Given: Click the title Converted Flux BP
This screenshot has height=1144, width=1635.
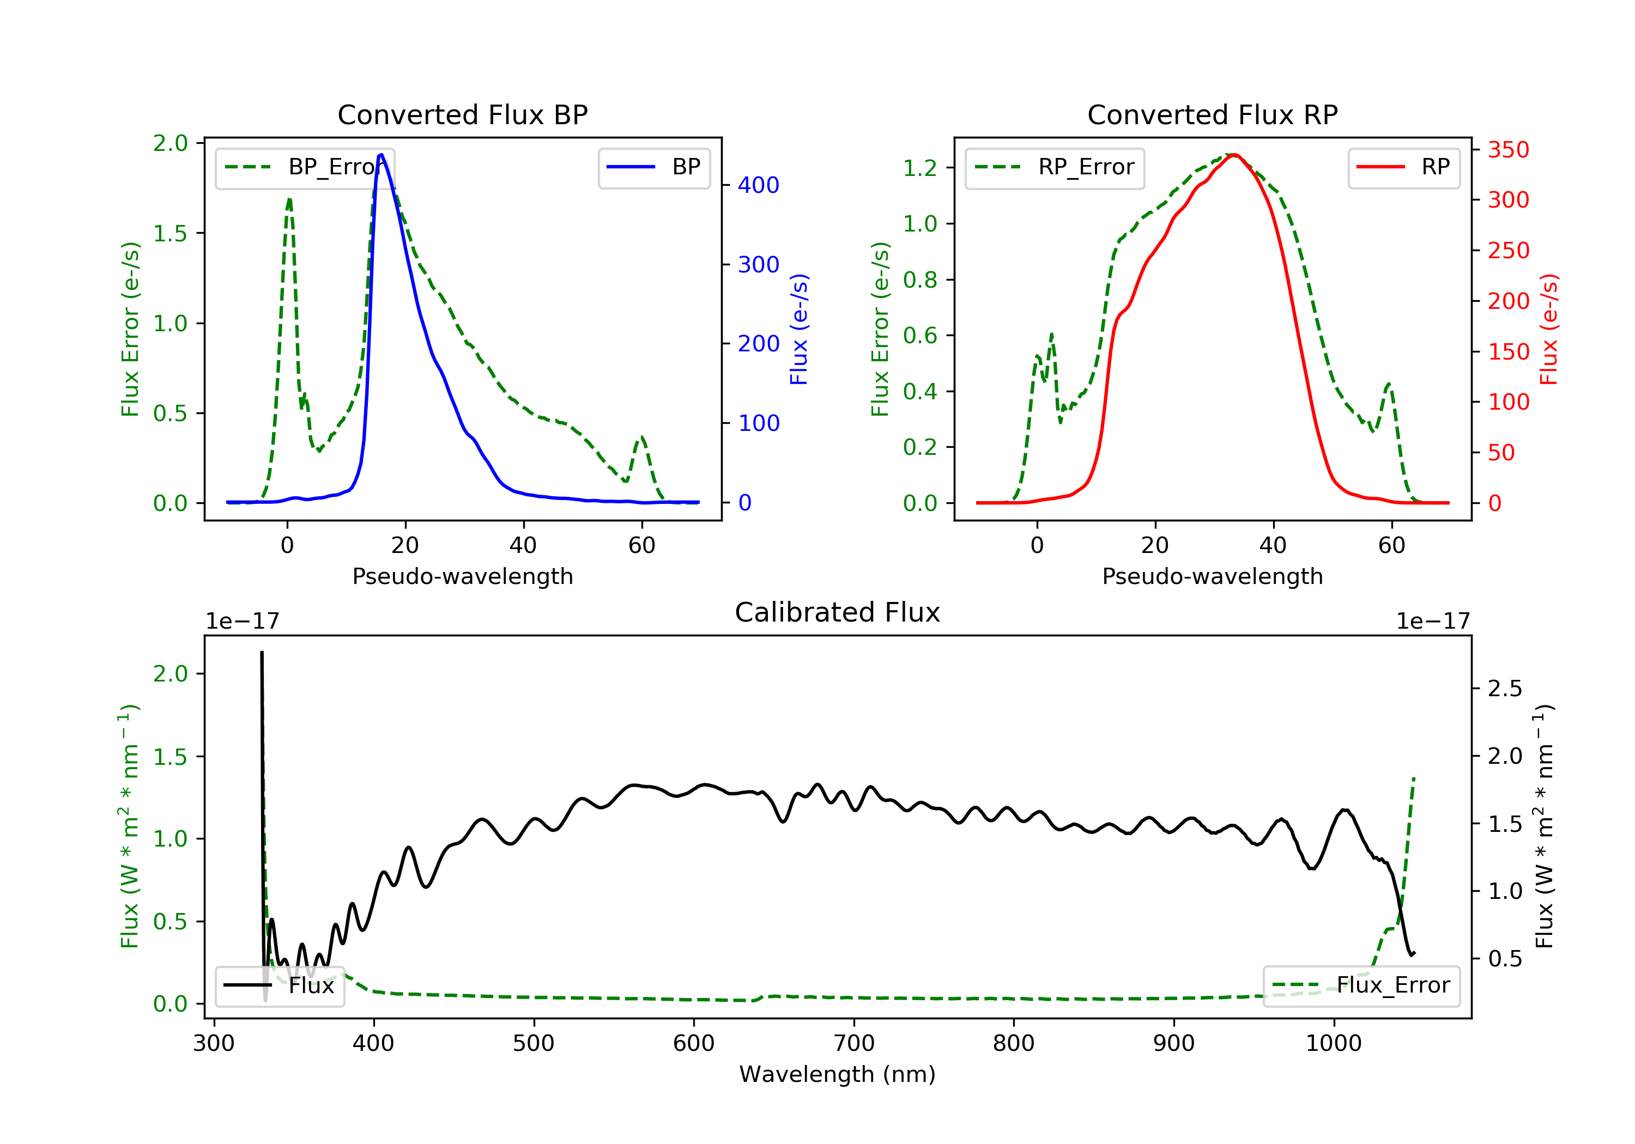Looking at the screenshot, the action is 462,114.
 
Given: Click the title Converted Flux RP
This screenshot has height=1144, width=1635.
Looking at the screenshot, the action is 1212,114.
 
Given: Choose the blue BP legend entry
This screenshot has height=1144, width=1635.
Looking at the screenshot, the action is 653,167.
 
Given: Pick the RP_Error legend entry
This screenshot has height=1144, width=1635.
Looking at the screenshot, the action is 1054,167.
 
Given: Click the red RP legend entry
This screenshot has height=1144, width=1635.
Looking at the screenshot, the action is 1403,167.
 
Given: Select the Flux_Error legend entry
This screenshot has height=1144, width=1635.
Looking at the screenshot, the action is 1361,985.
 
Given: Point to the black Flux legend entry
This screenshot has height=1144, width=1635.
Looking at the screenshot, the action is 279,985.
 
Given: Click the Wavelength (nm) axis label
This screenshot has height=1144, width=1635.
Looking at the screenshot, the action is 838,1074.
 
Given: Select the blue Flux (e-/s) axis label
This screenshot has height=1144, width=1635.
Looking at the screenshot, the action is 799,330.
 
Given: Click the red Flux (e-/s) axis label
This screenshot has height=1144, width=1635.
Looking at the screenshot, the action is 1549,330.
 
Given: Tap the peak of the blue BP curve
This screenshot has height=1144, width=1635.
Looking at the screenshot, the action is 381,155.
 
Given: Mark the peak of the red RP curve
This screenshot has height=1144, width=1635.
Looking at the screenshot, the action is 1234,155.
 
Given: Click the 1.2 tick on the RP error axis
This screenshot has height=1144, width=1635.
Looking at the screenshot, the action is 920,168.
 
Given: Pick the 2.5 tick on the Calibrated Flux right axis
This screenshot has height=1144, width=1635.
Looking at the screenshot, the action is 1505,689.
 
